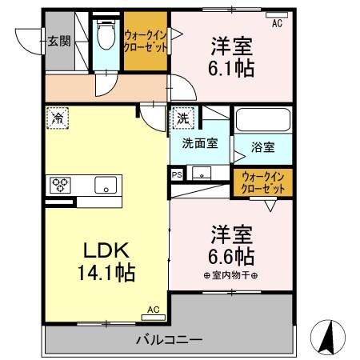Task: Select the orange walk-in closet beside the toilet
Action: [x=145, y=41]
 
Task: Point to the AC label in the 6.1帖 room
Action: [x=277, y=24]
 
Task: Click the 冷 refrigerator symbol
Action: [x=58, y=118]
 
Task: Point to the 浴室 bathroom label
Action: [x=262, y=147]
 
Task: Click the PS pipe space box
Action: [x=177, y=171]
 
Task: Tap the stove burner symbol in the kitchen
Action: [x=62, y=185]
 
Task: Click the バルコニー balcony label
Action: [x=168, y=337]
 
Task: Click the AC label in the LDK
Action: [x=154, y=309]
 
